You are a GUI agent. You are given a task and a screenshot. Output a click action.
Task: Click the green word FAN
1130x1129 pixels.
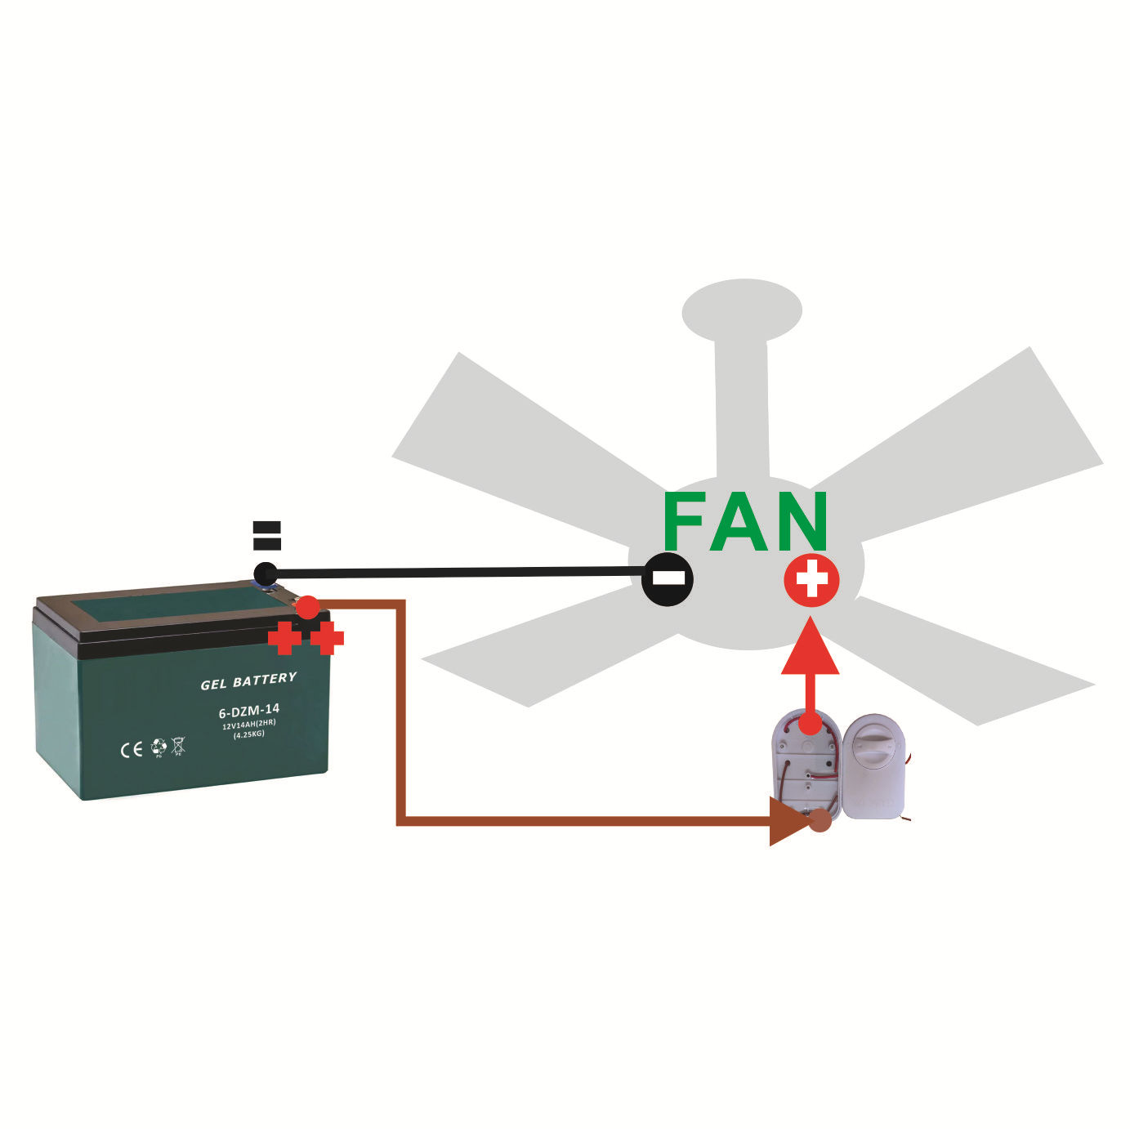(746, 521)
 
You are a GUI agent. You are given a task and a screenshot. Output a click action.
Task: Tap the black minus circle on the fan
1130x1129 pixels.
(668, 579)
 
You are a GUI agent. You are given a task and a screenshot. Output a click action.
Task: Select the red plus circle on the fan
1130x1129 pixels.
(811, 579)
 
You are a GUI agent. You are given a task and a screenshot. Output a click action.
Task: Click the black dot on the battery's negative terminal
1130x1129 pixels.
(265, 573)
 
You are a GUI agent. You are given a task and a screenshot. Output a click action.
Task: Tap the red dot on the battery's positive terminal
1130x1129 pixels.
(308, 607)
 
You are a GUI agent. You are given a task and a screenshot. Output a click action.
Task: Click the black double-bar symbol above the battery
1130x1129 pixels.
(267, 535)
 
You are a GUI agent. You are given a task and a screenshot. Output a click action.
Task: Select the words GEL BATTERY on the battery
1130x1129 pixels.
(248, 681)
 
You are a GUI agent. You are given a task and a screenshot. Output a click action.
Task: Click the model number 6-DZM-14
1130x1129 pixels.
(249, 712)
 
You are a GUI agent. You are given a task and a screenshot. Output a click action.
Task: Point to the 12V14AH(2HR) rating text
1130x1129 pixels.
(248, 725)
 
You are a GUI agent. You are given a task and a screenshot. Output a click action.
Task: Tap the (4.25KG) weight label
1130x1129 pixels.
(249, 734)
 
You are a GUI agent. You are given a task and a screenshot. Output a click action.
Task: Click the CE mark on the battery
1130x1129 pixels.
(132, 750)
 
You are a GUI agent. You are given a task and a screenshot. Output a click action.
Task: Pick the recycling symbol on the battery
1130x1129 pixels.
(159, 747)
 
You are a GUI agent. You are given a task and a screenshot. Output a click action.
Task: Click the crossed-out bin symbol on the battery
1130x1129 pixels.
(178, 746)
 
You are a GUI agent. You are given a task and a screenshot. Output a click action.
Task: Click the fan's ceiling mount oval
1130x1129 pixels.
(742, 310)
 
